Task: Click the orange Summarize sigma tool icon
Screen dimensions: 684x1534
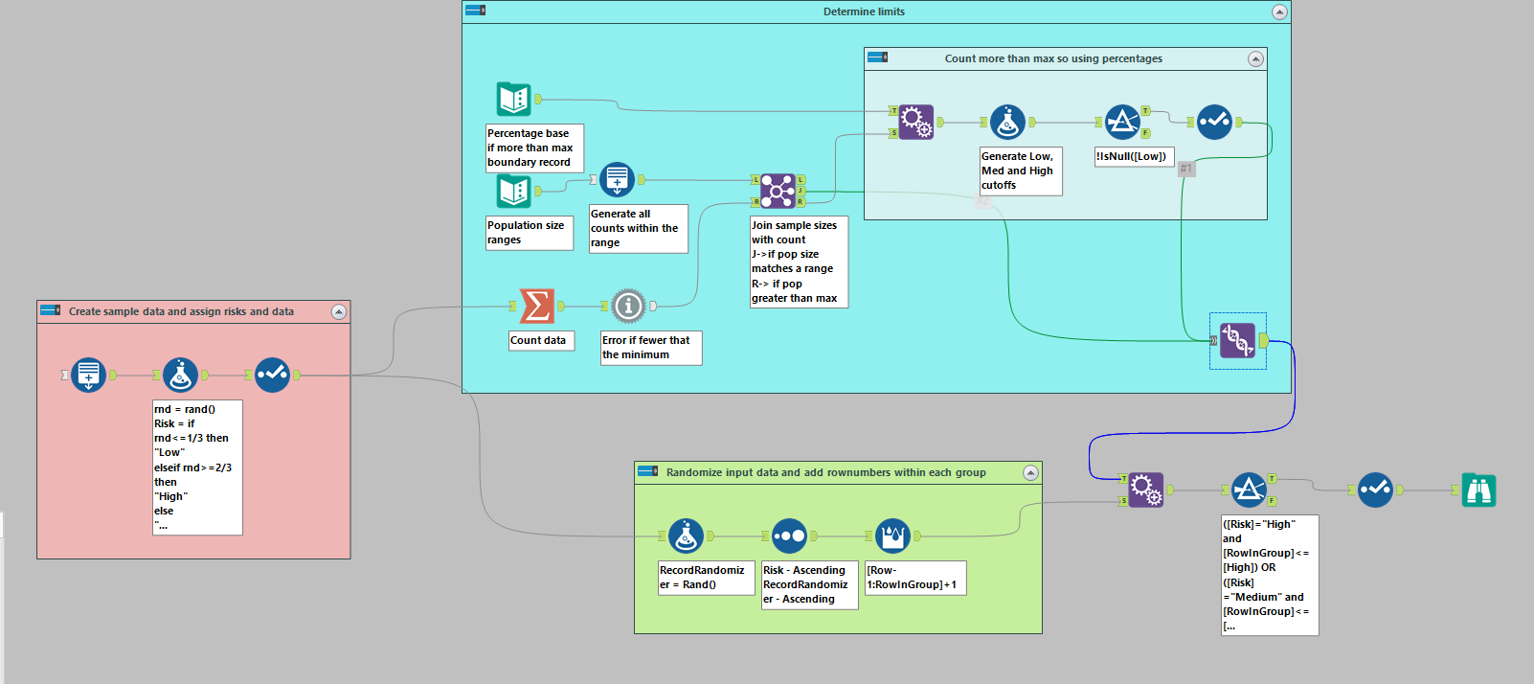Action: pos(536,306)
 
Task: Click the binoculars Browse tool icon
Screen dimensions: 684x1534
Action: pos(1478,490)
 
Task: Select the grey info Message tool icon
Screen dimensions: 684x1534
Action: pos(628,306)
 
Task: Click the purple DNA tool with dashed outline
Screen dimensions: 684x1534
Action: pos(1237,340)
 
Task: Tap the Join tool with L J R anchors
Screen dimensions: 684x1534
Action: pos(778,191)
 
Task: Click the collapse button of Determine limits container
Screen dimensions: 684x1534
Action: pos(1278,11)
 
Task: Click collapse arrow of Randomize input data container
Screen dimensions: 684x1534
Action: pos(1030,472)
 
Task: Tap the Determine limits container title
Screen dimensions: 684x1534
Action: pos(863,11)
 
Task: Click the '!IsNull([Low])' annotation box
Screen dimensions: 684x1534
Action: pos(1133,156)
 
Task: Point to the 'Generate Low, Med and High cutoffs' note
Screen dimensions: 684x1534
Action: pos(1020,171)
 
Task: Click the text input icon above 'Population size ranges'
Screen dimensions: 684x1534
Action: pos(514,192)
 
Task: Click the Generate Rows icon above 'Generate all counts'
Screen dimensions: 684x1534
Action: pos(617,179)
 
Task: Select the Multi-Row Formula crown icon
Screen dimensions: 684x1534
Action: pos(892,536)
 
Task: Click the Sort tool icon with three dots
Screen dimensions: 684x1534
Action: pos(789,536)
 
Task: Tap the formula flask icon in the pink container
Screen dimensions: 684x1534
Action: pos(180,375)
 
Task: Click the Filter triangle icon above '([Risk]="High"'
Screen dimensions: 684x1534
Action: pos(1249,490)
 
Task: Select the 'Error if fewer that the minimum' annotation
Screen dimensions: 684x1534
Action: pos(650,347)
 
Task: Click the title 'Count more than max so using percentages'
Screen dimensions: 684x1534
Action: pos(1053,58)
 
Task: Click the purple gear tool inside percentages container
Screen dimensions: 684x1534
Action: pos(915,122)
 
